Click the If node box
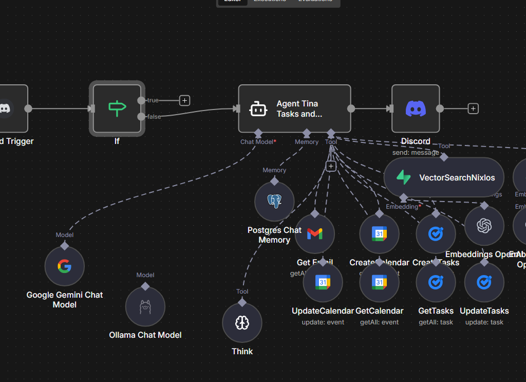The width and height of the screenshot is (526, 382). tap(117, 108)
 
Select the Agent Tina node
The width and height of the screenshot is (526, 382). tap(294, 109)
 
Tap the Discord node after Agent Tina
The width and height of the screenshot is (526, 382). tap(416, 108)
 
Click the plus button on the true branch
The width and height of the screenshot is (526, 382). tap(185, 100)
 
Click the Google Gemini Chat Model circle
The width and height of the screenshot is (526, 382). tap(64, 266)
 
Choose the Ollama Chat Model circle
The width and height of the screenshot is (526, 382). tap(145, 307)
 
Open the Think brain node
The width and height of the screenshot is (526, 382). tap(242, 323)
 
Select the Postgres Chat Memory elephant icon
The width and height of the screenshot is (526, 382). tap(274, 202)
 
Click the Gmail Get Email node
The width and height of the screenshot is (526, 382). tap(315, 234)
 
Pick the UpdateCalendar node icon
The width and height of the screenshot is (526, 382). tap(323, 282)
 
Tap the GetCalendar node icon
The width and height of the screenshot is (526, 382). tap(379, 282)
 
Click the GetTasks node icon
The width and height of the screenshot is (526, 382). tap(436, 282)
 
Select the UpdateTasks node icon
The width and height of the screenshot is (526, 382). tap(484, 282)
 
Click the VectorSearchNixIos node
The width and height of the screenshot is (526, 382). tap(444, 177)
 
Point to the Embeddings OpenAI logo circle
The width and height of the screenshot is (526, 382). tap(484, 226)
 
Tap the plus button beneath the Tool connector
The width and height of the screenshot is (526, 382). tap(331, 166)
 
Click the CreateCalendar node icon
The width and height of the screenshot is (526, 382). tap(379, 234)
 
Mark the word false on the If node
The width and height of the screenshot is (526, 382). tap(154, 117)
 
